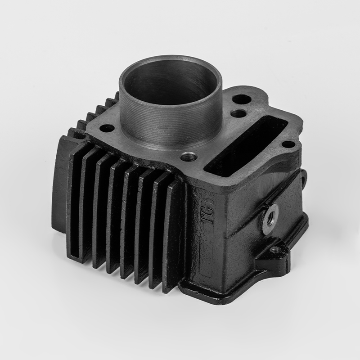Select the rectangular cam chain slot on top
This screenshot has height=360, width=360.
[x=245, y=146]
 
